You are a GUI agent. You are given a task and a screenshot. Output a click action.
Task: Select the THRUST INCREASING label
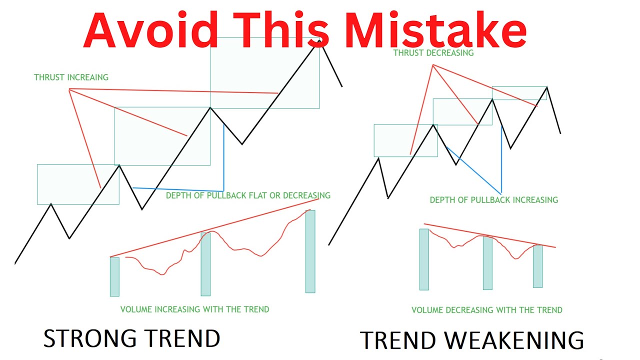[71, 77]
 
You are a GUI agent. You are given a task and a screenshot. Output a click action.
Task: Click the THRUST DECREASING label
[433, 52]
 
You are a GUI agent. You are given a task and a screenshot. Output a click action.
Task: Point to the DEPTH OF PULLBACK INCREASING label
[493, 200]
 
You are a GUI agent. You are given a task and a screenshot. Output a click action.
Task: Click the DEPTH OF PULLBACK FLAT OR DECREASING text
[248, 195]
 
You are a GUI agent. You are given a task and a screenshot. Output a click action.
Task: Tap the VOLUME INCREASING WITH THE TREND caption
[194, 309]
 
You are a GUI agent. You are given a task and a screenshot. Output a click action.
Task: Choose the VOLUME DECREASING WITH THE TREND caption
[486, 310]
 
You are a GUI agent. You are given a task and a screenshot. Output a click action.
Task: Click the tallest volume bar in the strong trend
[310, 251]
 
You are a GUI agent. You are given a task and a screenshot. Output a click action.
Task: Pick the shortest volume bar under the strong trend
[114, 276]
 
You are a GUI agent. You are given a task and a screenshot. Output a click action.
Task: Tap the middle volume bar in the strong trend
[205, 264]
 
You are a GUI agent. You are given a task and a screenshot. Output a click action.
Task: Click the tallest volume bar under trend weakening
[424, 259]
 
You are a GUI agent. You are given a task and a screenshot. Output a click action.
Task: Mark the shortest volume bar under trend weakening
[537, 266]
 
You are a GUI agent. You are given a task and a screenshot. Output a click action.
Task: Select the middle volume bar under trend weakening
[487, 262]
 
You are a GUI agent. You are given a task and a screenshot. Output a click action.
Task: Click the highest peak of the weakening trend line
[547, 87]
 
